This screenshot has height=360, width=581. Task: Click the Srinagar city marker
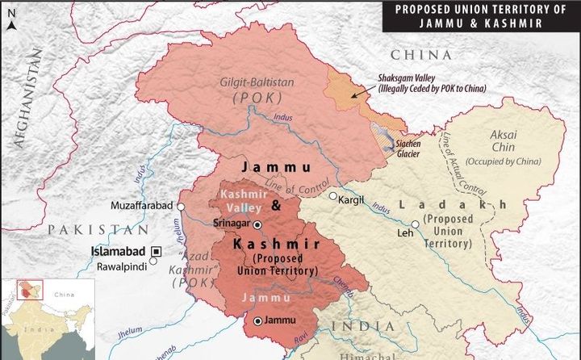click(257, 224)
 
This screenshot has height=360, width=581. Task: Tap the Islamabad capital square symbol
click(158, 251)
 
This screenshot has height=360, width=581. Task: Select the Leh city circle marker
click(415, 224)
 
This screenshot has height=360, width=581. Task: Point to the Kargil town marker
click(332, 195)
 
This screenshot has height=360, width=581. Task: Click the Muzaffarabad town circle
click(182, 207)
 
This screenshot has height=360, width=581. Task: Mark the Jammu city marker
click(257, 321)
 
